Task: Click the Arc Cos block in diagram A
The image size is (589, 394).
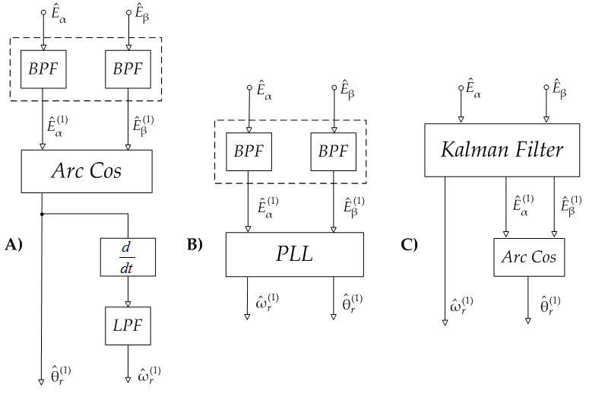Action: click(87, 170)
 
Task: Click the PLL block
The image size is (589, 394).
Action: click(294, 254)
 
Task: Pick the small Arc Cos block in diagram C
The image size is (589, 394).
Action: click(529, 257)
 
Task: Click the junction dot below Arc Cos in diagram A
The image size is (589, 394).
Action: click(43, 215)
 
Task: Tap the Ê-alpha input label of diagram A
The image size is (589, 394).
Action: click(55, 13)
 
